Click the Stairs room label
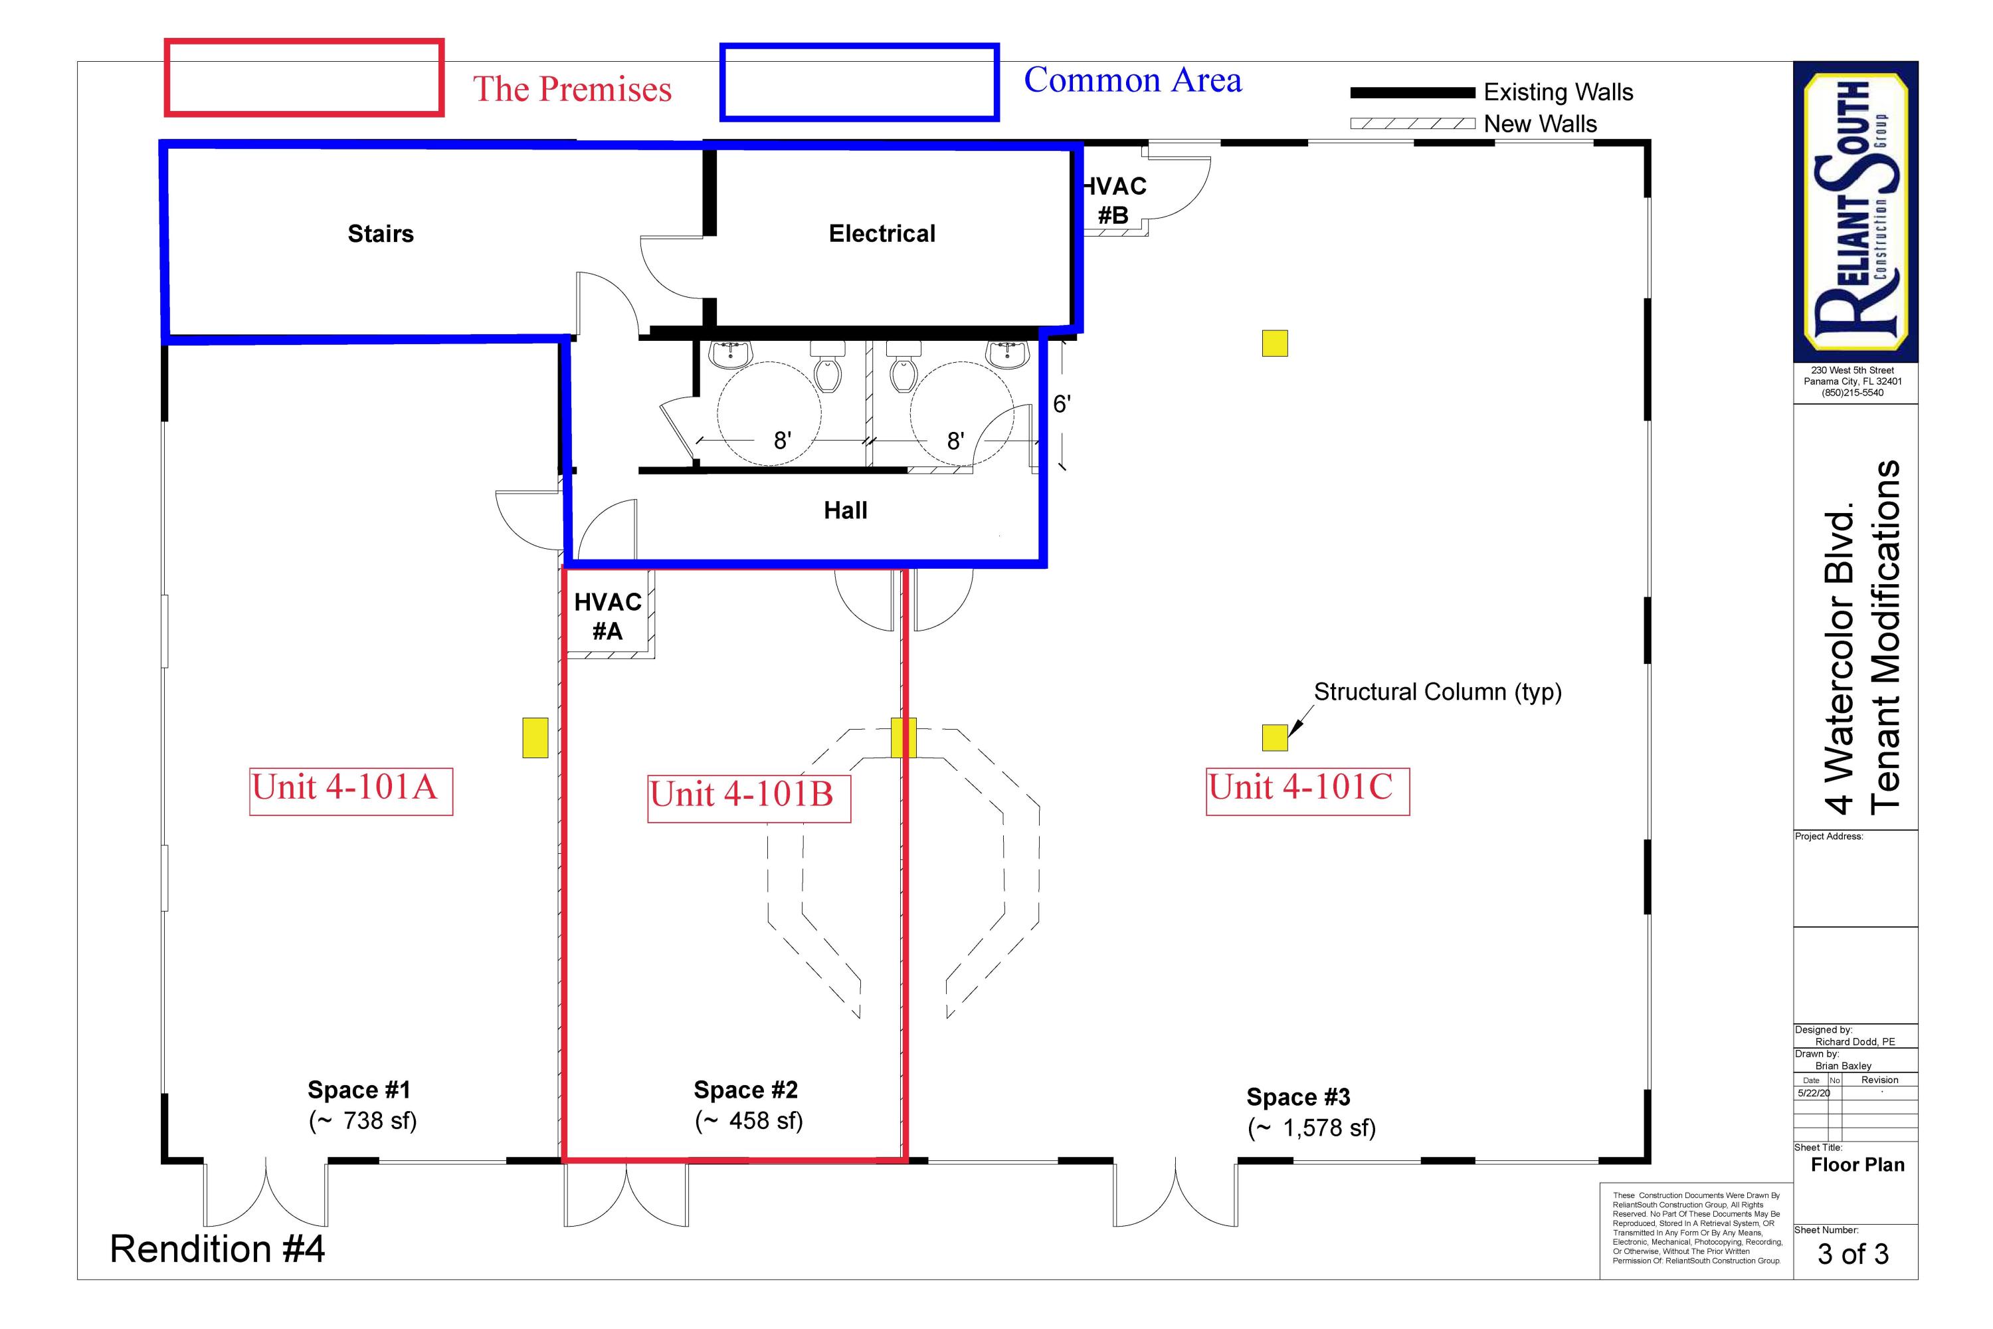(381, 234)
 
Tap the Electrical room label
(882, 234)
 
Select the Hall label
(845, 510)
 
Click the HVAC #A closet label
(608, 616)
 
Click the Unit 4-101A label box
(351, 791)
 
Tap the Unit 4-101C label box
(1307, 791)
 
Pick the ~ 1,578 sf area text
(1311, 1128)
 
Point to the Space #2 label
(745, 1089)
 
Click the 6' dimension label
(1061, 404)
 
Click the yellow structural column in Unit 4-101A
(535, 738)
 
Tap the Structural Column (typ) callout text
(1437, 692)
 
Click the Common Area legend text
(1132, 80)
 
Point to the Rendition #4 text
(217, 1249)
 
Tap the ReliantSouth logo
(1855, 212)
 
